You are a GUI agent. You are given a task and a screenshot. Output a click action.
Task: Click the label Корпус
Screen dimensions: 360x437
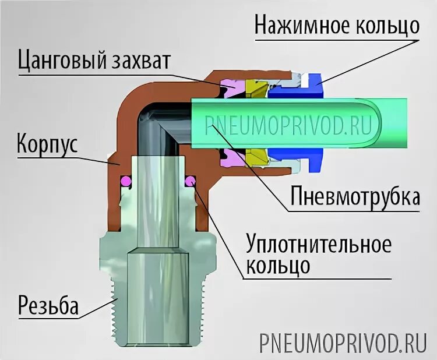47,142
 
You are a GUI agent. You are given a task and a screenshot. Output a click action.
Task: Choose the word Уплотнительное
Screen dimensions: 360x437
318,244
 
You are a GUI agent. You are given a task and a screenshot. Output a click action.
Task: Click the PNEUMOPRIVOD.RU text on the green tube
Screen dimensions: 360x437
288,125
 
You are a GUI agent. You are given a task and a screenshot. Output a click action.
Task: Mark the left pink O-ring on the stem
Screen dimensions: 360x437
125,182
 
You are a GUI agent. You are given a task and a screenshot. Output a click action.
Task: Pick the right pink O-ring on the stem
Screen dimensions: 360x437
189,182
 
